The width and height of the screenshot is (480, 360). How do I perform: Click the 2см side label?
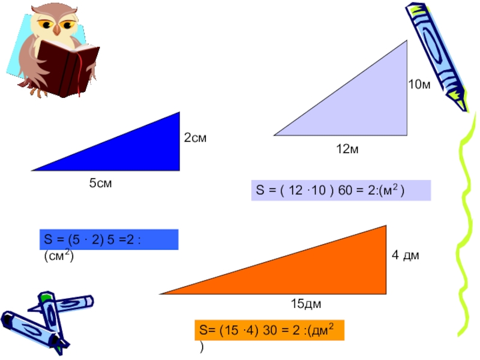195,139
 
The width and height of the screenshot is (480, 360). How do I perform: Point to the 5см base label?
101,184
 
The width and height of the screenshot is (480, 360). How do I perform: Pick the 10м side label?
419,85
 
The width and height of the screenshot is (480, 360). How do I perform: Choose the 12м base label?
347,149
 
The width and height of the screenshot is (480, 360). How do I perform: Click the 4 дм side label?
405,256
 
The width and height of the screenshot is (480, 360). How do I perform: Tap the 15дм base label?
306,305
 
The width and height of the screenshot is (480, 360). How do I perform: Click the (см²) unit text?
58,256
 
